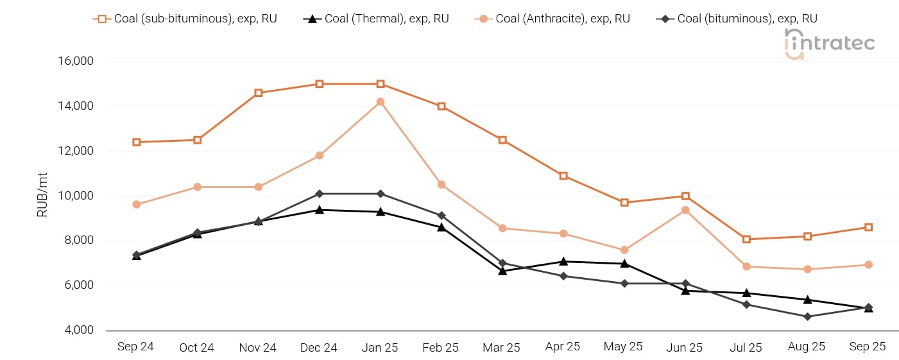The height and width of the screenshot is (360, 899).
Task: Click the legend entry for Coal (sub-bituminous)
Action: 186,19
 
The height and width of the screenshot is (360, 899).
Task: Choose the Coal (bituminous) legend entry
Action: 737,19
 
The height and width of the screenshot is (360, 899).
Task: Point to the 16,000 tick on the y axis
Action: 76,61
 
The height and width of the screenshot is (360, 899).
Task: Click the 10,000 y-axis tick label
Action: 76,196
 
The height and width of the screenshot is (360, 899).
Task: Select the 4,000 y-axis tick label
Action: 79,330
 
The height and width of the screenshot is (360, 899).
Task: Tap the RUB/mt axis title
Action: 43,196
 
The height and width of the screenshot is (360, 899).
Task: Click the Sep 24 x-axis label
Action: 136,347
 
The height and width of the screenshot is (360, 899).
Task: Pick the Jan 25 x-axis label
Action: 380,347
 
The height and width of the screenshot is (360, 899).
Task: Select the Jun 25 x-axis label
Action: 685,347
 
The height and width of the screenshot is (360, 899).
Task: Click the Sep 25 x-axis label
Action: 868,347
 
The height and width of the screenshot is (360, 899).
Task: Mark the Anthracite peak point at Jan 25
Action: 381,101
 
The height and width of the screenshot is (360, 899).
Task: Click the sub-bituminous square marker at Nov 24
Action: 259,93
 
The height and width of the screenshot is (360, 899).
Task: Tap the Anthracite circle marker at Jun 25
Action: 685,210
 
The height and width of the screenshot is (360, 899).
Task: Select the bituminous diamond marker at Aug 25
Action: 807,316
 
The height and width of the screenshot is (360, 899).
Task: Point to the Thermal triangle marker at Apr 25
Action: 563,261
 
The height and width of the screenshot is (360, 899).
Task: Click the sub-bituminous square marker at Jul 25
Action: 746,239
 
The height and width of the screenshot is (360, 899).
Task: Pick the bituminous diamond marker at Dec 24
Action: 320,194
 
